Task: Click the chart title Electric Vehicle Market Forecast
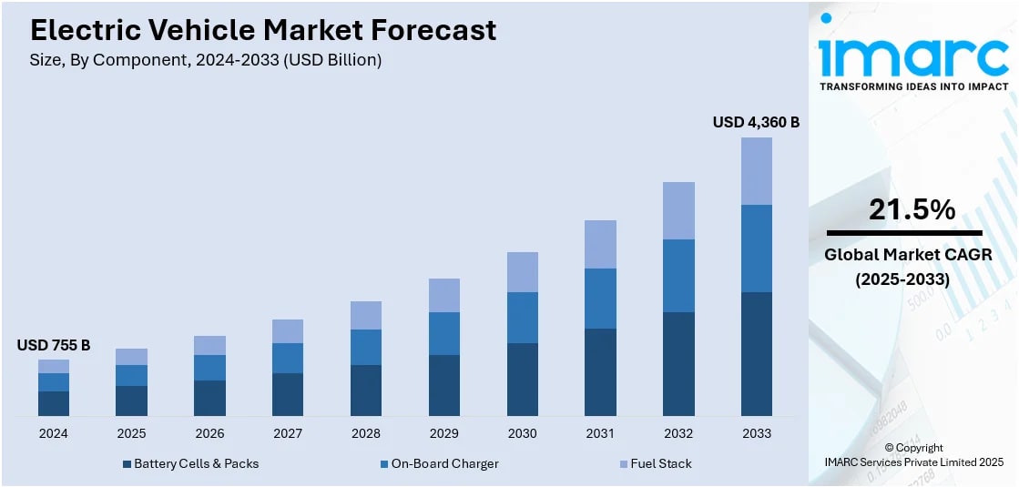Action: (263, 30)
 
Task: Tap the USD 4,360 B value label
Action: (755, 122)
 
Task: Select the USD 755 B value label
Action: (54, 345)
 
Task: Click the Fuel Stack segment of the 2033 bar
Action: (756, 171)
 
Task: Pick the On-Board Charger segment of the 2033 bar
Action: (756, 249)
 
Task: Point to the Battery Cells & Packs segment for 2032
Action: (678, 364)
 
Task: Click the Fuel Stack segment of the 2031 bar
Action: (600, 244)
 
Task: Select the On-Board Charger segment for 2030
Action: (522, 318)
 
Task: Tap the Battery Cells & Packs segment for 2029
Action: (443, 386)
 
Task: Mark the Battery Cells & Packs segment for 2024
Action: (54, 404)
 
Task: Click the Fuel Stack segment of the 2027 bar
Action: (288, 331)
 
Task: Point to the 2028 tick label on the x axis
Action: (366, 433)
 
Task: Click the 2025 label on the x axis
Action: (131, 433)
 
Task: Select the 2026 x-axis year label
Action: (209, 433)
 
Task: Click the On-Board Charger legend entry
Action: (444, 463)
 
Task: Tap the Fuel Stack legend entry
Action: (661, 463)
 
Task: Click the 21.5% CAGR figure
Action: (912, 209)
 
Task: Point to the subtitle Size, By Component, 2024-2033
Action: (206, 60)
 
